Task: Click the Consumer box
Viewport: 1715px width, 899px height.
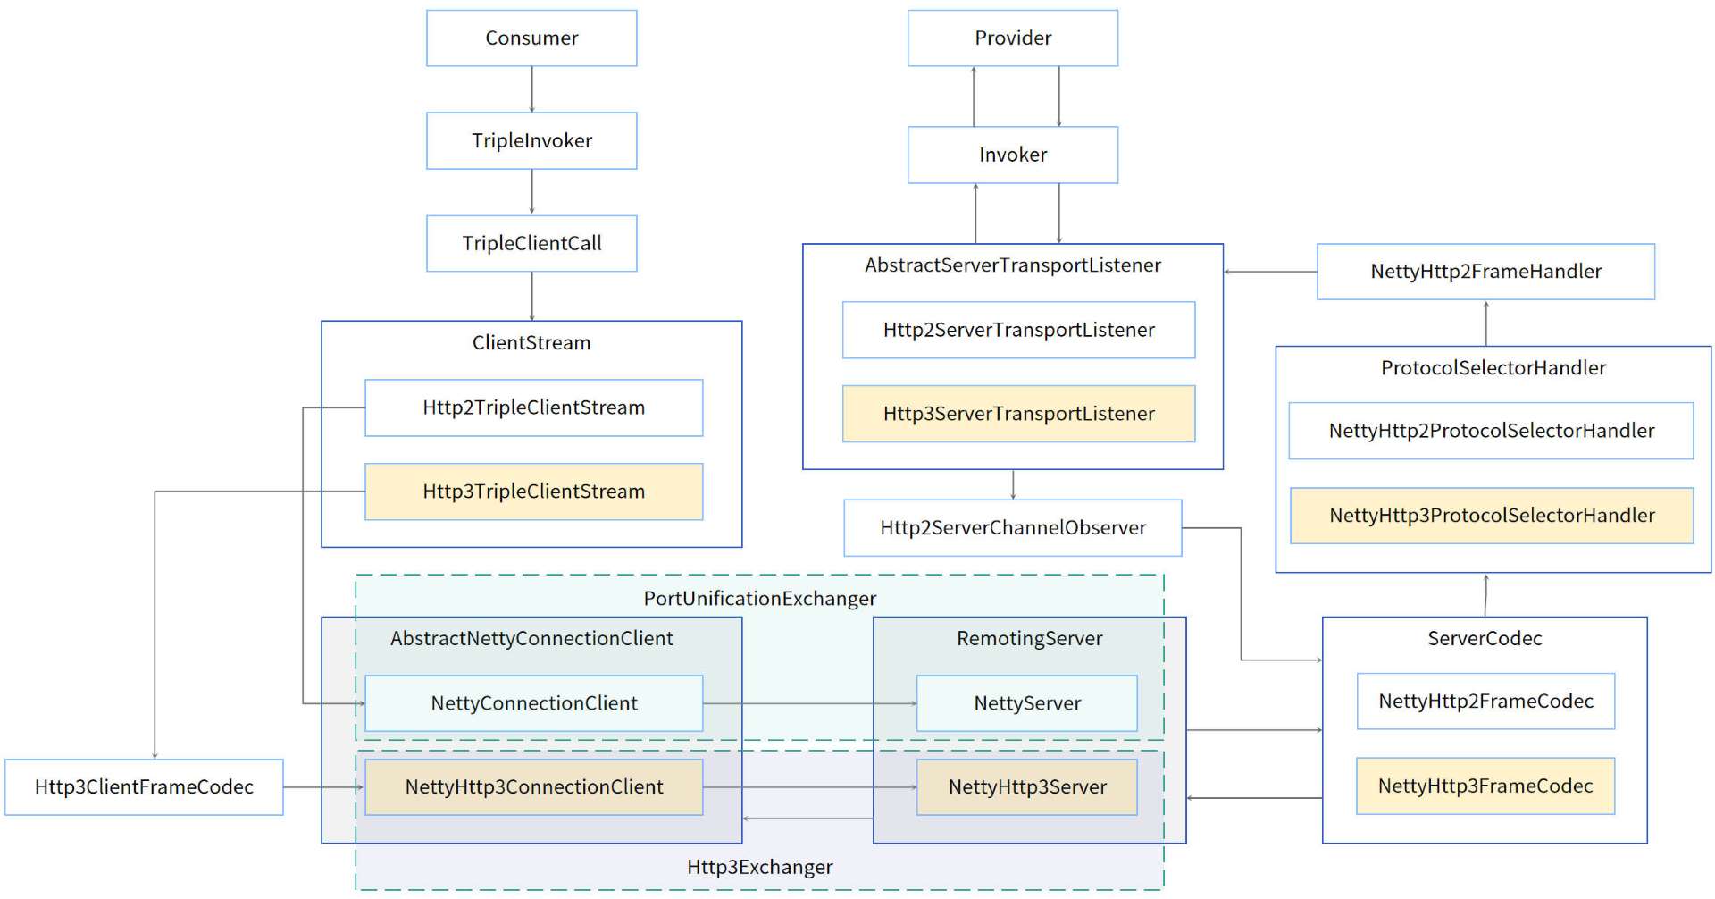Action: click(x=531, y=38)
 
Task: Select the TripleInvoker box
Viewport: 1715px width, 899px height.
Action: click(x=531, y=140)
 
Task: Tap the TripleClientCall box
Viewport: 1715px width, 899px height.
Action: click(x=531, y=243)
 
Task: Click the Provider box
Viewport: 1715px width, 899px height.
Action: click(x=1012, y=38)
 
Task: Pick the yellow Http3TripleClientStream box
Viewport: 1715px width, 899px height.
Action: click(x=533, y=492)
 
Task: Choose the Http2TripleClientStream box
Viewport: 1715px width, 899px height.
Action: click(x=533, y=407)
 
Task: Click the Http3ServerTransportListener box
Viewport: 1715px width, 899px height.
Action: click(x=1018, y=414)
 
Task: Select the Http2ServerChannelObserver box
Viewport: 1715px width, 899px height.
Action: click(x=1012, y=527)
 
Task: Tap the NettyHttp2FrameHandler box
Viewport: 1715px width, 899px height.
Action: click(x=1485, y=272)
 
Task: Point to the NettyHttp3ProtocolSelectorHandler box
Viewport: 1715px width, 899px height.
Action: click(x=1491, y=516)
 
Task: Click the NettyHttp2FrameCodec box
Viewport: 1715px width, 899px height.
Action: click(x=1485, y=702)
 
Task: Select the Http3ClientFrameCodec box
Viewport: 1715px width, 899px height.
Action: click(x=144, y=787)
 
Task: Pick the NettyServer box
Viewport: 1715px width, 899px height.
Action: click(x=1026, y=703)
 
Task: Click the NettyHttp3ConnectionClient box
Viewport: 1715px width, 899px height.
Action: click(x=533, y=787)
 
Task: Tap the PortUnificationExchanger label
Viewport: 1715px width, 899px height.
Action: click(x=759, y=599)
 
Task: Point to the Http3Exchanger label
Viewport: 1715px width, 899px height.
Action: click(x=759, y=867)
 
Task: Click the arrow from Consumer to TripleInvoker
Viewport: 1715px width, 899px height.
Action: click(x=531, y=89)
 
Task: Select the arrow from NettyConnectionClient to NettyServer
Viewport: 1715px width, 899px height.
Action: click(x=808, y=703)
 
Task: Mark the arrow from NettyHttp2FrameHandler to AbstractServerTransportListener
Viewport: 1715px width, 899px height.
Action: click(x=1269, y=272)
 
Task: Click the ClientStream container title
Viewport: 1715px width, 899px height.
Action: click(x=531, y=343)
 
